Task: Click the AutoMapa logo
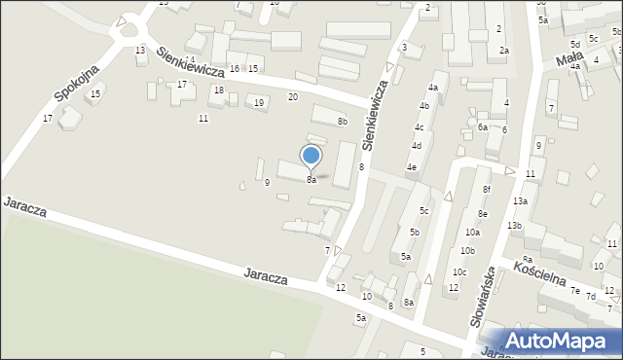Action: [561, 341]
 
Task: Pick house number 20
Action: [293, 96]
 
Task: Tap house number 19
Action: [258, 102]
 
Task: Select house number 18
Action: [219, 90]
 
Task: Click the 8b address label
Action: [342, 121]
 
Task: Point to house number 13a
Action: [521, 200]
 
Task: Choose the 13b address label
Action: [514, 226]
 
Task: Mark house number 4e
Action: [412, 167]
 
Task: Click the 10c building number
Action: [459, 271]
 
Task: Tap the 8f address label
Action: [486, 189]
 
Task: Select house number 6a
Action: [483, 127]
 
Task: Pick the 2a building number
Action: [503, 50]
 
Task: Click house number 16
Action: [234, 68]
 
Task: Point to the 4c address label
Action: [419, 126]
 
